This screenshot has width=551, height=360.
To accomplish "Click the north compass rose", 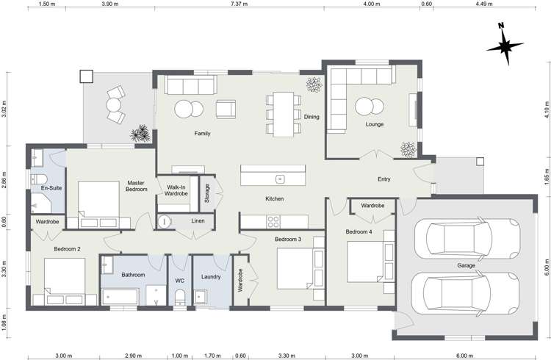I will coord(505,45).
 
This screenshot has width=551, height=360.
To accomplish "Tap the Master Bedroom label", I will coord(136,186).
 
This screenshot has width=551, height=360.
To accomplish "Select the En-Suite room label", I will coord(51,189).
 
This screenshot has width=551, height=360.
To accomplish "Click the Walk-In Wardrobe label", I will coord(176,190).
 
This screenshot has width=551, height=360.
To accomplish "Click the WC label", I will coord(179,280).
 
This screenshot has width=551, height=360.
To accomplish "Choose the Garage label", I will coord(466,265).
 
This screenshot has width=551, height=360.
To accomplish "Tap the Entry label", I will coord(383,179).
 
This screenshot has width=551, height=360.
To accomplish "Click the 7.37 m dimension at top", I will coord(237,4).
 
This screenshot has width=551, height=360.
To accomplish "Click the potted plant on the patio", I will coord(140,133).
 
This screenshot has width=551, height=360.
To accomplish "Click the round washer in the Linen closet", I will coord(165,220).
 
